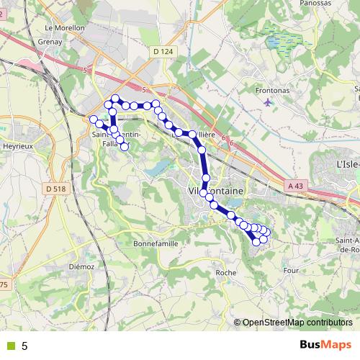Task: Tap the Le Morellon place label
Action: click(x=65, y=28)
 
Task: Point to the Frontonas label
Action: click(x=273, y=91)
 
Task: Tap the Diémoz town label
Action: click(x=81, y=266)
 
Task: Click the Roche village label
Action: click(x=226, y=273)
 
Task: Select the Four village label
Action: click(x=291, y=271)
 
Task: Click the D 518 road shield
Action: click(x=54, y=189)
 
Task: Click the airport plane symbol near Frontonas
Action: click(x=269, y=102)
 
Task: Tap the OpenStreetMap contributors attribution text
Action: click(x=297, y=323)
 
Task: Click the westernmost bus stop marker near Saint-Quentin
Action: click(x=93, y=118)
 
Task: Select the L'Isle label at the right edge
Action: click(x=348, y=165)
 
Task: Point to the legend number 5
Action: click(x=24, y=346)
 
